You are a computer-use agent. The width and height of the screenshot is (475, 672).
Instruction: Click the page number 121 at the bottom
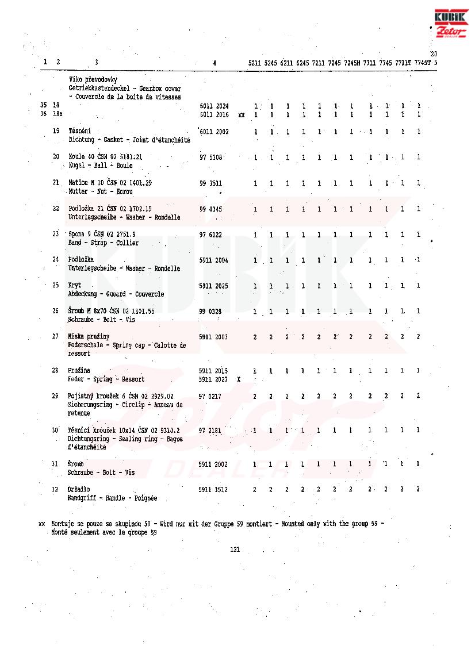(235, 550)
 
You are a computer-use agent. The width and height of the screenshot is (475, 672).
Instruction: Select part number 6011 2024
(214, 106)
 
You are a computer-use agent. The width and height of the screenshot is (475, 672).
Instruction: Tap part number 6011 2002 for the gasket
(214, 132)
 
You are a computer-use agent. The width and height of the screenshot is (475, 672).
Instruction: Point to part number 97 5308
(211, 157)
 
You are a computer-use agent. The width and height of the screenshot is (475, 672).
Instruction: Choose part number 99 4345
(210, 209)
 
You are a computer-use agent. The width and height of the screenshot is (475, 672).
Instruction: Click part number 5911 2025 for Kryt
(214, 286)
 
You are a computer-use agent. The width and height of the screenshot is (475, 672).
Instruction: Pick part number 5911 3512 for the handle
(213, 490)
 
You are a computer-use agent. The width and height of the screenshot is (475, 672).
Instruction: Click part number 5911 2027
(213, 379)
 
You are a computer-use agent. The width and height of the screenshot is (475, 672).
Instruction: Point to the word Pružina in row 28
(79, 371)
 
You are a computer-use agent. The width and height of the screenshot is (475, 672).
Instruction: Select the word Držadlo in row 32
(79, 490)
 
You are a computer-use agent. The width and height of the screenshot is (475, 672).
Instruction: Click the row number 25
(56, 285)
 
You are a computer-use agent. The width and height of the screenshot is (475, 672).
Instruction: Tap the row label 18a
(58, 114)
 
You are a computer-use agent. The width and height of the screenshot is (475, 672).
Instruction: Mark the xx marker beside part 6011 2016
(242, 115)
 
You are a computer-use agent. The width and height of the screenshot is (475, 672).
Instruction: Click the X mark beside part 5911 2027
(238, 379)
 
